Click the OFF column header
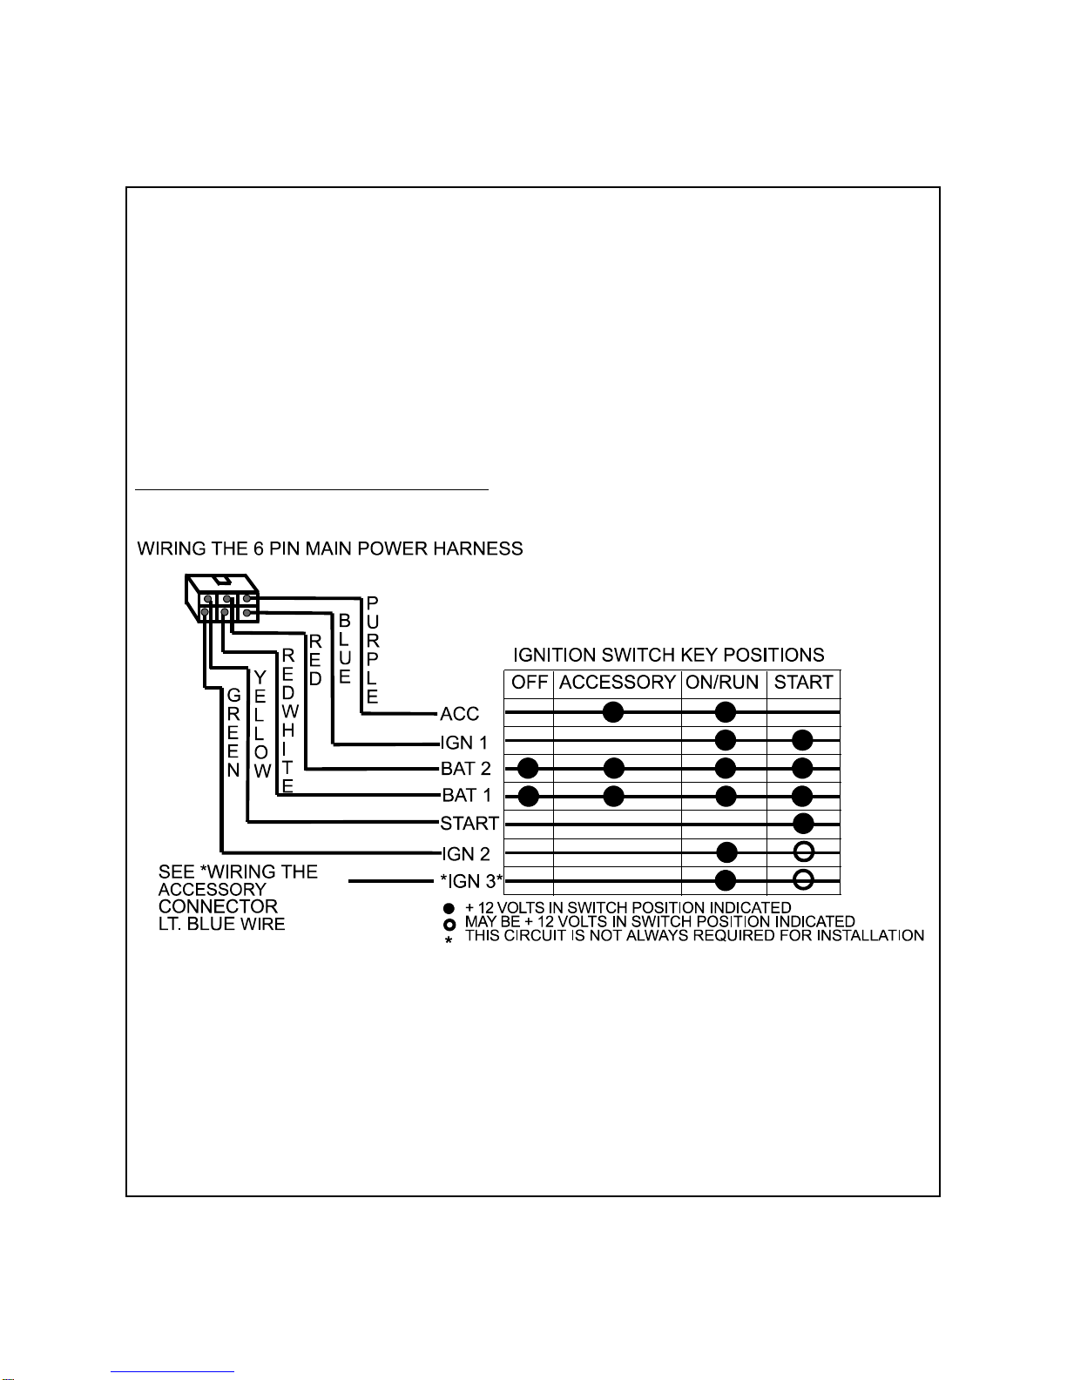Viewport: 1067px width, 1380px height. pyautogui.click(x=529, y=683)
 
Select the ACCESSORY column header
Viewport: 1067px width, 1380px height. pyautogui.click(x=617, y=683)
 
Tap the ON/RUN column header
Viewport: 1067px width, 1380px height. pyautogui.click(x=723, y=683)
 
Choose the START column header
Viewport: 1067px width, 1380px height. pyautogui.click(x=803, y=683)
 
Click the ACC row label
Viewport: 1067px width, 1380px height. pyautogui.click(x=460, y=714)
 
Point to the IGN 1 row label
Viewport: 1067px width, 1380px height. pyautogui.click(x=464, y=743)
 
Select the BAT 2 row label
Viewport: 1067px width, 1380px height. pyautogui.click(x=467, y=769)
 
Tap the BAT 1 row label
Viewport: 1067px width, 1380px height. pyautogui.click(x=467, y=795)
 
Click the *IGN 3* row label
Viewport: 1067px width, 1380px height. pyautogui.click(x=471, y=881)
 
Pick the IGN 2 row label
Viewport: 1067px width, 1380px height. pyautogui.click(x=466, y=854)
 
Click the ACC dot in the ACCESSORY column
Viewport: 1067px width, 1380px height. pyautogui.click(x=613, y=712)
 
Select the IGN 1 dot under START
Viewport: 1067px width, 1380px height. pyautogui.click(x=802, y=740)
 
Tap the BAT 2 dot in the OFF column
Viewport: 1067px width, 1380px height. pyautogui.click(x=528, y=768)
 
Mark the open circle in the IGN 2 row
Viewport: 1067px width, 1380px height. pyautogui.click(x=804, y=852)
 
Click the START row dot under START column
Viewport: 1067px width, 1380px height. pyautogui.click(x=803, y=823)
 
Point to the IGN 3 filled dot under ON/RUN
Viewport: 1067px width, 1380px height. pyautogui.click(x=726, y=880)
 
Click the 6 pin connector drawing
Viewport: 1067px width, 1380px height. pyautogui.click(x=222, y=598)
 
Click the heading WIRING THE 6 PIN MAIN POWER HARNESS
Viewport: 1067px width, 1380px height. pyautogui.click(x=330, y=549)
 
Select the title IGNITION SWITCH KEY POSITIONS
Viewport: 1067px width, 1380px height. pyautogui.click(x=668, y=655)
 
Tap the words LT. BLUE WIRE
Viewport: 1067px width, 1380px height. pyautogui.click(x=221, y=924)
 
